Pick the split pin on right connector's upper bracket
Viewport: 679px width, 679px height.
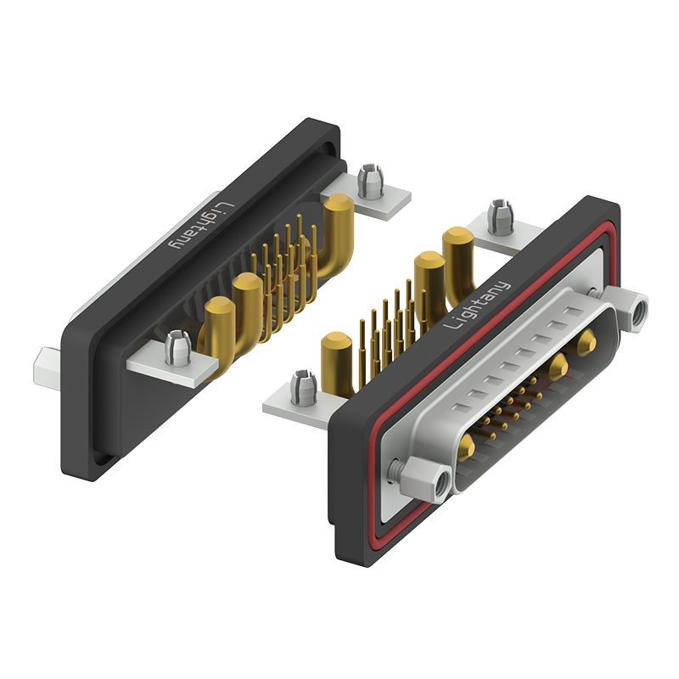(501, 216)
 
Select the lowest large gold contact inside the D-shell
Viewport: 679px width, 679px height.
(466, 447)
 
